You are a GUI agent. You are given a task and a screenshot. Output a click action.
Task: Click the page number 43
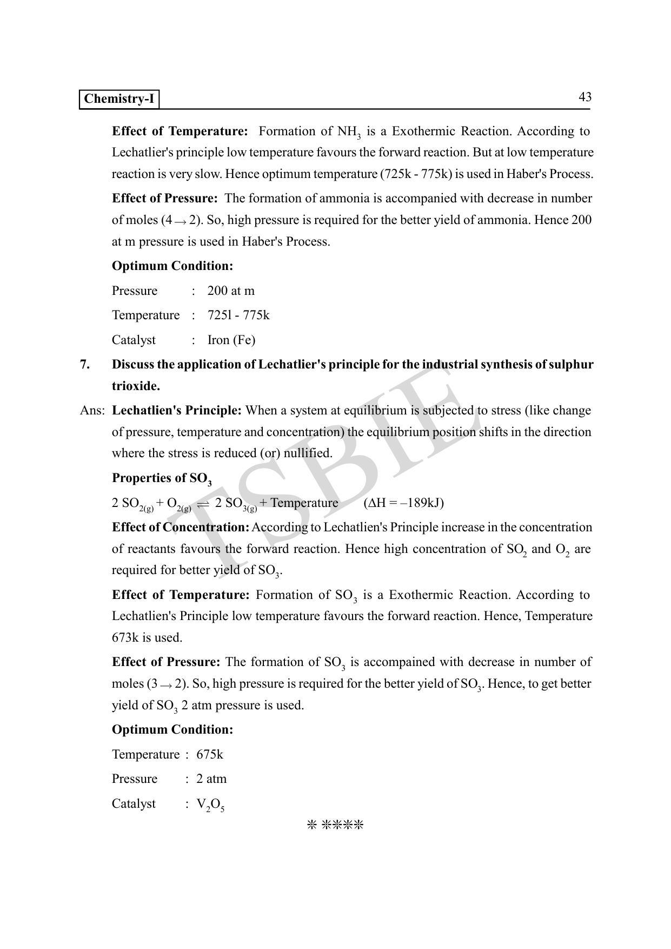[585, 97]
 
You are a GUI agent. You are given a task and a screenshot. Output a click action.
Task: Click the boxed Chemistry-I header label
[119, 99]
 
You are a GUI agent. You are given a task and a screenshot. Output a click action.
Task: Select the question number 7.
[85, 365]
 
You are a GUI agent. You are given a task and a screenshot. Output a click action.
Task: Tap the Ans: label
[92, 411]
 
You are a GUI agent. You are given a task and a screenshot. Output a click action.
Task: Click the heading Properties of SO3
[162, 479]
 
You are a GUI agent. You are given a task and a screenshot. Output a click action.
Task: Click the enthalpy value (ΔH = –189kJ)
[404, 503]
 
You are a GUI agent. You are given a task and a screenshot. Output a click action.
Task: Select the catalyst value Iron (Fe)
[231, 340]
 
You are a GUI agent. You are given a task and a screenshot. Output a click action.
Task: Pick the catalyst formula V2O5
[210, 805]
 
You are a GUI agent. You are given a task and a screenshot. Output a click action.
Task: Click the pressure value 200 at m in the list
[231, 291]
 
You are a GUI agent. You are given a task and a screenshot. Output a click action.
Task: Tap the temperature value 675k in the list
[210, 755]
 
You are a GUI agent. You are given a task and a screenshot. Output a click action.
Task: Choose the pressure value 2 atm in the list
[211, 779]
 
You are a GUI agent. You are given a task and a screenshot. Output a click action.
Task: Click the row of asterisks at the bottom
[335, 825]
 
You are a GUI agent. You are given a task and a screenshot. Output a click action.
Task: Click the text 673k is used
[147, 638]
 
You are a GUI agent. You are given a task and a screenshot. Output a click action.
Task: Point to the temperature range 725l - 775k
[238, 315]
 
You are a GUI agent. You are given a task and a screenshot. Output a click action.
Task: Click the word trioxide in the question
[136, 386]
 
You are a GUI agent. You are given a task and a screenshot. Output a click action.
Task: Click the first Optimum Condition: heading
[172, 266]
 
